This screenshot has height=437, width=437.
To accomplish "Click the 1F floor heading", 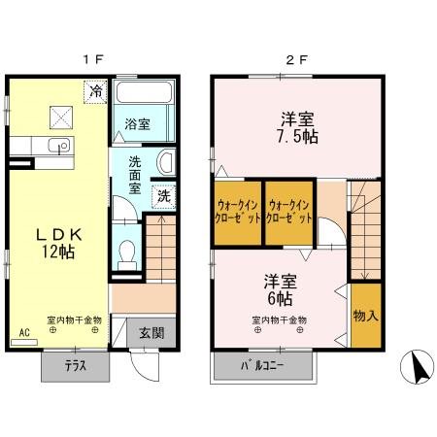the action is click(x=93, y=59).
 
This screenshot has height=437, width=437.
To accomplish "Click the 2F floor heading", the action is click(x=296, y=59).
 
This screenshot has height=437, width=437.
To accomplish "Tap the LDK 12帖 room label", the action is click(x=58, y=243).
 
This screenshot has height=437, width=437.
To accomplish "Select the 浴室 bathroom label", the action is click(x=137, y=124).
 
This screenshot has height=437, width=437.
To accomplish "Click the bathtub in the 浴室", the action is click(x=144, y=92).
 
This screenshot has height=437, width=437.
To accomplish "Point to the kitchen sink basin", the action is click(x=59, y=145).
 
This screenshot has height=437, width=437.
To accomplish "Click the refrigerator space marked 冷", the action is click(x=95, y=91).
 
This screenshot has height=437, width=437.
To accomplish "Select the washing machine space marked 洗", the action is click(x=164, y=196).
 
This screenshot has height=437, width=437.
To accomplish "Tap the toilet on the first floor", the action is click(x=127, y=255).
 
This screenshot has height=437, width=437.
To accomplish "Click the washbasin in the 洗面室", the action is click(x=166, y=162).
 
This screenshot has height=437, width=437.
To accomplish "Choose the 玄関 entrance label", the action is click(x=151, y=333).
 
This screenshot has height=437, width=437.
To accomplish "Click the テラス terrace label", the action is click(x=76, y=366).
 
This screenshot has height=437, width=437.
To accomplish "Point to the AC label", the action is click(x=24, y=332).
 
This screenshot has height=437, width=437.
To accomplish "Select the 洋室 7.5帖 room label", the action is click(x=297, y=128).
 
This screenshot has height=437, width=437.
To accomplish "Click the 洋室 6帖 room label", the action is click(x=281, y=290).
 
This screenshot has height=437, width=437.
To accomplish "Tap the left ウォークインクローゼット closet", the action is click(x=238, y=213).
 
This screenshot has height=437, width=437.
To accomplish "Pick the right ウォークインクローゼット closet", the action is click(x=289, y=213).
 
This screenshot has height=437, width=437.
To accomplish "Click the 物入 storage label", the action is click(x=366, y=316).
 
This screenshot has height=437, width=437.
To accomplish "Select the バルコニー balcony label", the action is click(x=262, y=366).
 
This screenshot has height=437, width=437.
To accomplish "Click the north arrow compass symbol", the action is click(x=417, y=367).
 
